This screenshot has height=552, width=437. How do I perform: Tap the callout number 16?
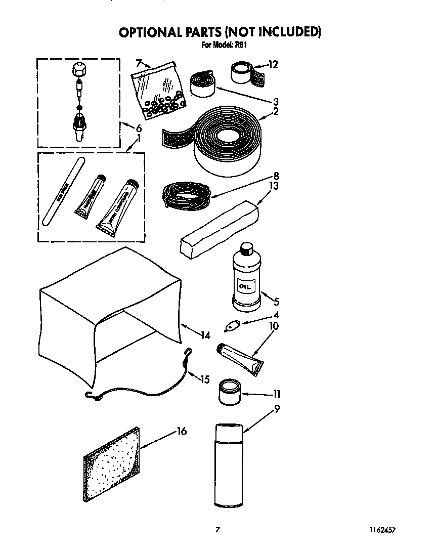pos(182,431)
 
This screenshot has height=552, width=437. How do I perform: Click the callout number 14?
pos(205,334)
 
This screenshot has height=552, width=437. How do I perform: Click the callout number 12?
pos(273,65)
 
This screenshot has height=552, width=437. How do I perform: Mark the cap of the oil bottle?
pos(246,248)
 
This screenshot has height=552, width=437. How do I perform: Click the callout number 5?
pos(276,302)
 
